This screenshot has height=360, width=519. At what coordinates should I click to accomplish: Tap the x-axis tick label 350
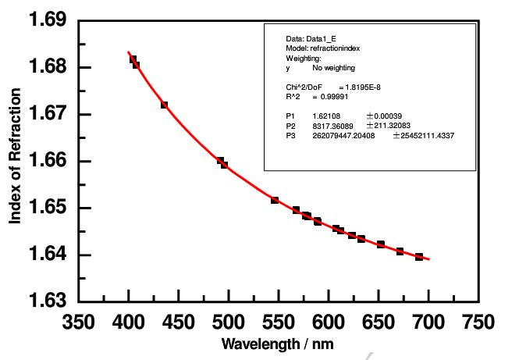80,323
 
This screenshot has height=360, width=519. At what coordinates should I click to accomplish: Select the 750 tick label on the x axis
478,323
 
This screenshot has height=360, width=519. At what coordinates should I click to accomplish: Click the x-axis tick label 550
279,323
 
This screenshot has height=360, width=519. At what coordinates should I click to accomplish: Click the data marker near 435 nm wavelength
164,105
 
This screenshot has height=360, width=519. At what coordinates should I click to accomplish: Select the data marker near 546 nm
275,201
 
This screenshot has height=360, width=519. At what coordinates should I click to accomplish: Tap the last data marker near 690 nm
419,256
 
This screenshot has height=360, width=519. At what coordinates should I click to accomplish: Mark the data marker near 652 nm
381,244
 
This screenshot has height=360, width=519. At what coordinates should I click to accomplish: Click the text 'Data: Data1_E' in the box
313,38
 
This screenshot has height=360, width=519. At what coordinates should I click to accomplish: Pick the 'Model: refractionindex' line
323,48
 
